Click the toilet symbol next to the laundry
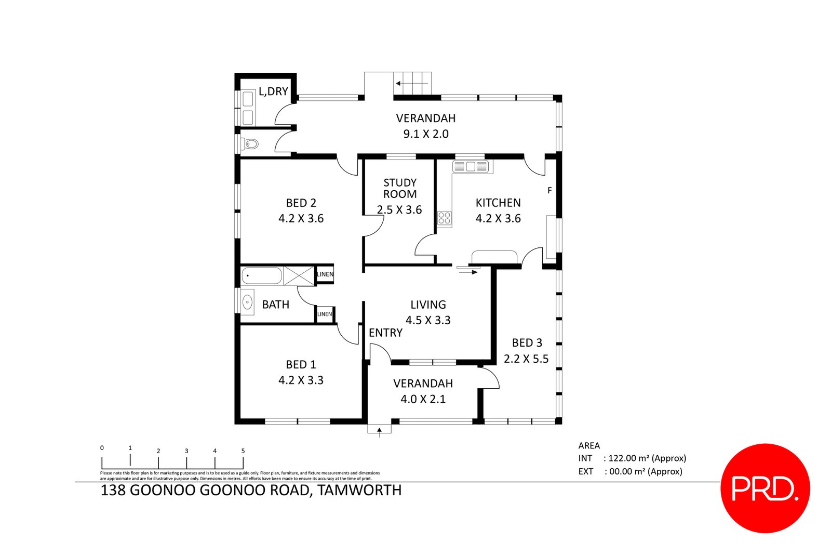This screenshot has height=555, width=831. pyautogui.click(x=251, y=144)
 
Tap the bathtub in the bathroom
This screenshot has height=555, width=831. pyautogui.click(x=262, y=275)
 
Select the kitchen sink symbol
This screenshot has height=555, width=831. pyautogui.click(x=471, y=167)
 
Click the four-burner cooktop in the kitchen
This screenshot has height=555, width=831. pyautogui.click(x=444, y=218)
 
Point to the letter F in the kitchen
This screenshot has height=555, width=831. pyautogui.click(x=549, y=191)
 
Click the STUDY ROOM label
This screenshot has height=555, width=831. pyautogui.click(x=400, y=188)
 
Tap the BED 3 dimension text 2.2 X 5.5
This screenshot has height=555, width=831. pyautogui.click(x=526, y=359)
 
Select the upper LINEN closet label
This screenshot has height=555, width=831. pyautogui.click(x=325, y=274)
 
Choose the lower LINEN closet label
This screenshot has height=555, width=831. pyautogui.click(x=325, y=314)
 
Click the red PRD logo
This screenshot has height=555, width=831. pyautogui.click(x=765, y=488)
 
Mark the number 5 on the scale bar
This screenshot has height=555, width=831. pyautogui.click(x=243, y=451)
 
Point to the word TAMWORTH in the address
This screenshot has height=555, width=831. pyautogui.click(x=359, y=490)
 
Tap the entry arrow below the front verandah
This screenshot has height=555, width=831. pyautogui.click(x=380, y=430)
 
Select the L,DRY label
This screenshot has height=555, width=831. pyautogui.click(x=273, y=91)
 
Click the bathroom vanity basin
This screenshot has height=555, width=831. pyautogui.click(x=248, y=302)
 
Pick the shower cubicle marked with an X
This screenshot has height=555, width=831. pyautogui.click(x=299, y=275)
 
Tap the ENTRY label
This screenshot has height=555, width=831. pyautogui.click(x=385, y=333)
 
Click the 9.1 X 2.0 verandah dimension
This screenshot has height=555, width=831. pyautogui.click(x=426, y=134)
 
